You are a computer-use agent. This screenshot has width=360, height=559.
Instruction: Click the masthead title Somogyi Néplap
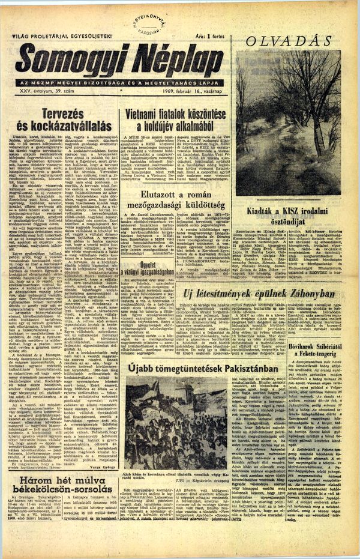pos(120,60)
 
